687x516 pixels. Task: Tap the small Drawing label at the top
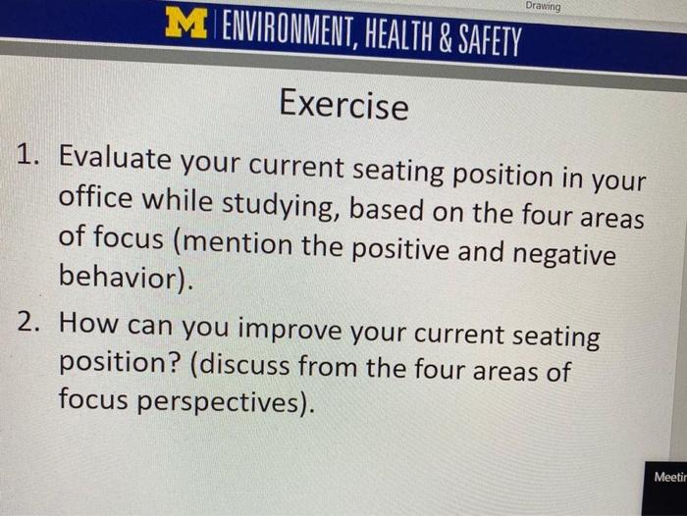coord(543,7)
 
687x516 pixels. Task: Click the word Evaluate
coord(118,159)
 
